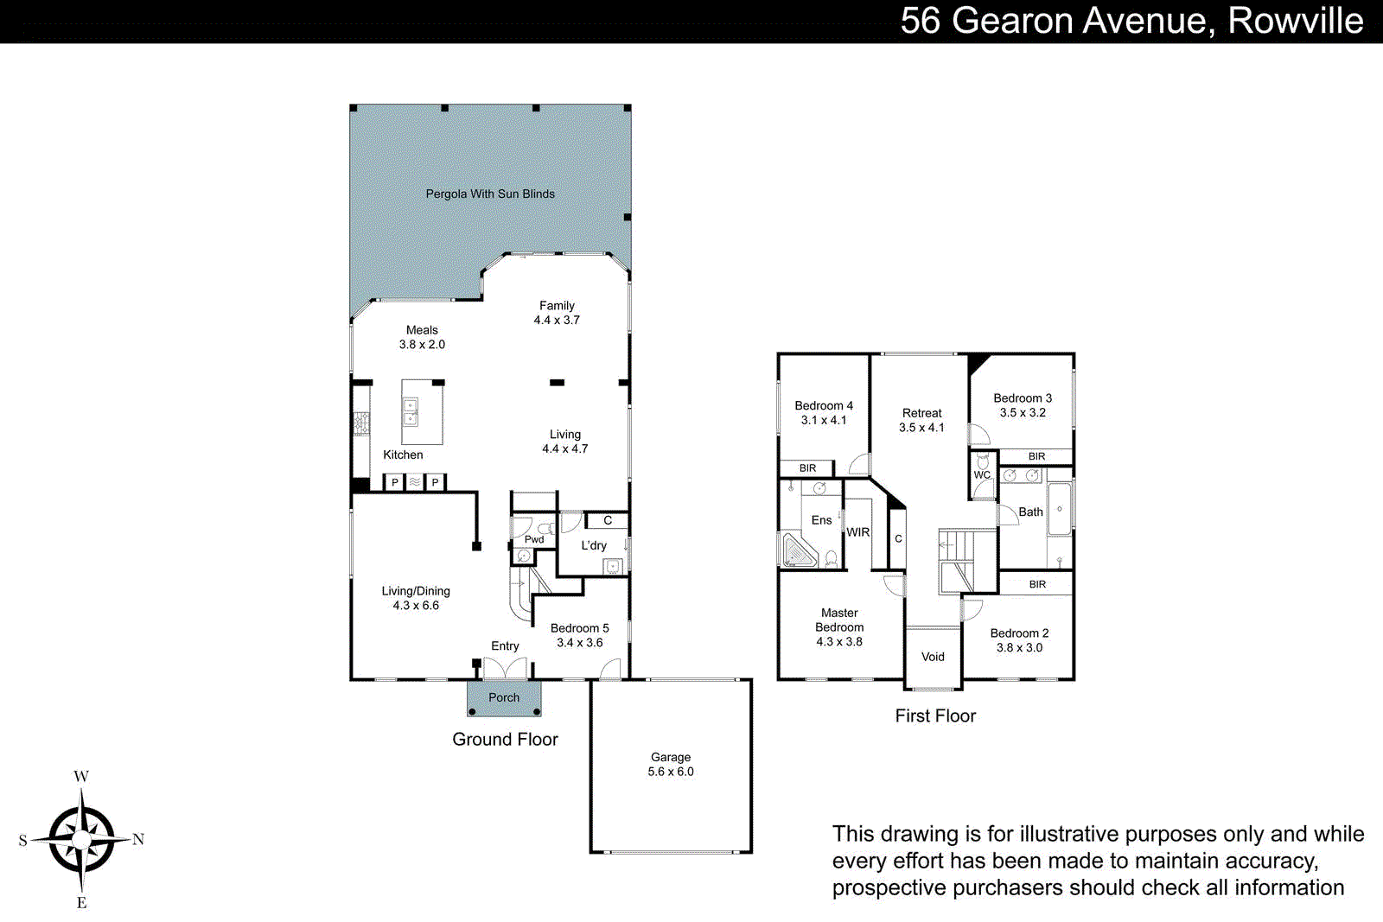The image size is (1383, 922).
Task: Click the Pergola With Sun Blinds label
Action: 490,194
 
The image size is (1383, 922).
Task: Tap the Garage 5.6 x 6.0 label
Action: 671,765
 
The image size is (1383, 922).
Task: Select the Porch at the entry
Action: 504,698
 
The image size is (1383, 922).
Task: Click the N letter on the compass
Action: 138,839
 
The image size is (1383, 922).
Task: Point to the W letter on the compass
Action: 81,776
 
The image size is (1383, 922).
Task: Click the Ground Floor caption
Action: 505,740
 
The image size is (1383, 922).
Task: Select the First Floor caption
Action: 935,716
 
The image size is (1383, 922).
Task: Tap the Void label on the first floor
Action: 933,657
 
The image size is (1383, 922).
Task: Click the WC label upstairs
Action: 982,475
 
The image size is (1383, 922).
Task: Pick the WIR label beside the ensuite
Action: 858,532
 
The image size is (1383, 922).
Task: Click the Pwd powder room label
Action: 534,540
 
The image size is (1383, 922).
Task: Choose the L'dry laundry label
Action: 594,546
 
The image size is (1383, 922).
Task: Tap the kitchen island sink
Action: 411,412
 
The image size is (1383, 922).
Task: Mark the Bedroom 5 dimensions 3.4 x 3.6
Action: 580,643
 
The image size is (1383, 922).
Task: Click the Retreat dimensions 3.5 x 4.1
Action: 921,428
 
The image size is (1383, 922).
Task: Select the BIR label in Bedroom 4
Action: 807,468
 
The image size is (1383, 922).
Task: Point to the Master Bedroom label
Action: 839,620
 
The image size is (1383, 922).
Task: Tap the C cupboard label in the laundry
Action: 608,520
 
